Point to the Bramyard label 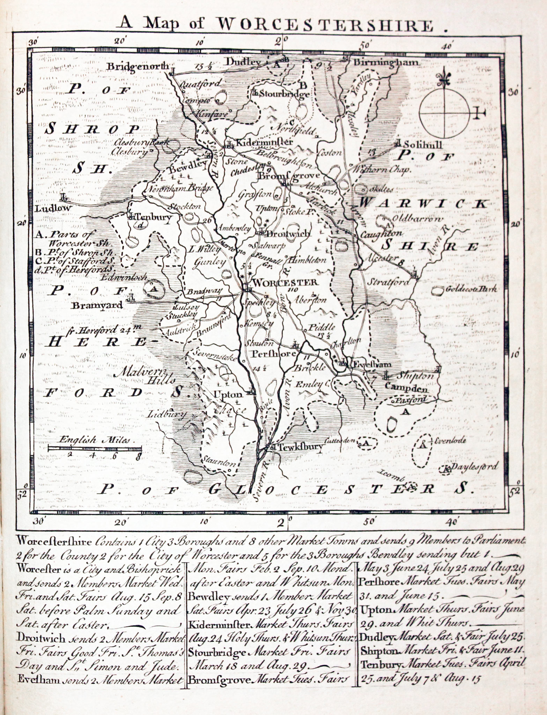(97, 306)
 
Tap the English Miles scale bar (94, 449)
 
